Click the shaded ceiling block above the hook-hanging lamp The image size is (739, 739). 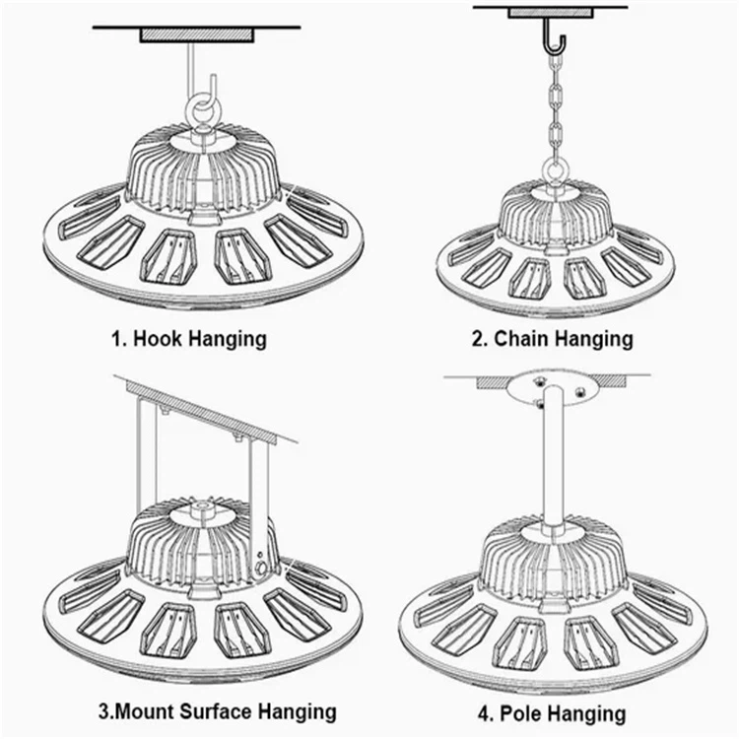[197, 34]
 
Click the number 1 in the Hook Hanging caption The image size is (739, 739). [114, 339]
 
